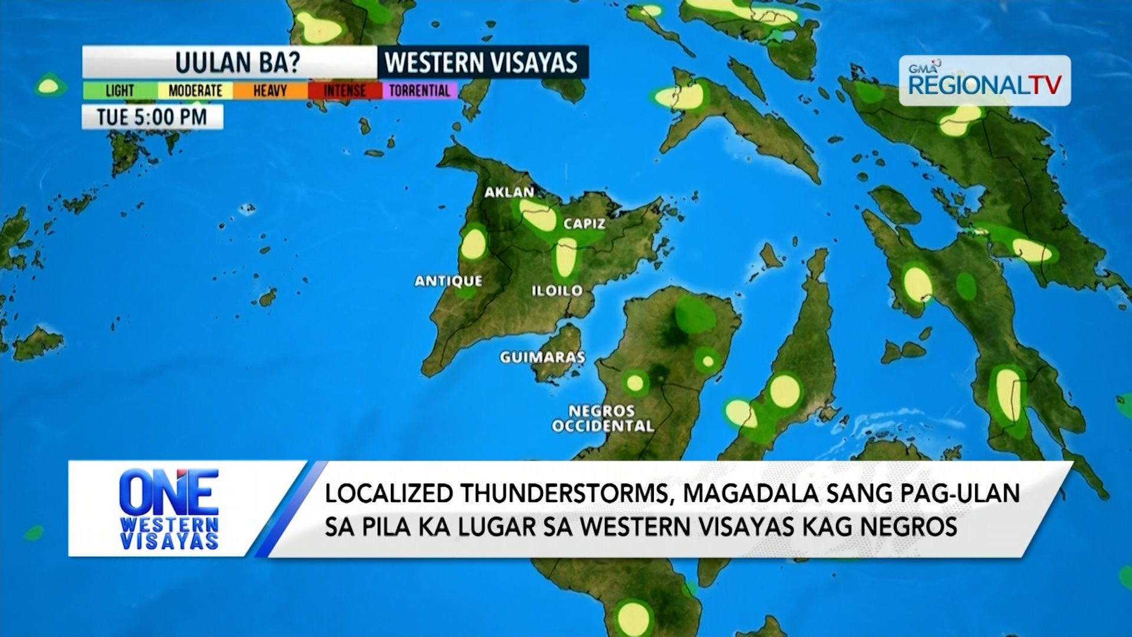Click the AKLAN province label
[509, 192]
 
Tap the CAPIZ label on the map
[584, 224]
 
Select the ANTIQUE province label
[448, 281]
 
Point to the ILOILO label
[557, 290]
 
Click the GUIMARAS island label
[542, 357]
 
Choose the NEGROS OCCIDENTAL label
[602, 418]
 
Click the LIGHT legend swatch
[120, 91]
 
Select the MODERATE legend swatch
[195, 91]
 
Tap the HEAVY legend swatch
[269, 91]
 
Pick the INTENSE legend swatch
[344, 91]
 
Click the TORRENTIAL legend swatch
[419, 91]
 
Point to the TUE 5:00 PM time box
[152, 117]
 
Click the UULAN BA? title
[237, 63]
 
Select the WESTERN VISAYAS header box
[482, 63]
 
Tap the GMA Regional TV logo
[984, 81]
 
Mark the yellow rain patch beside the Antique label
[473, 245]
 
